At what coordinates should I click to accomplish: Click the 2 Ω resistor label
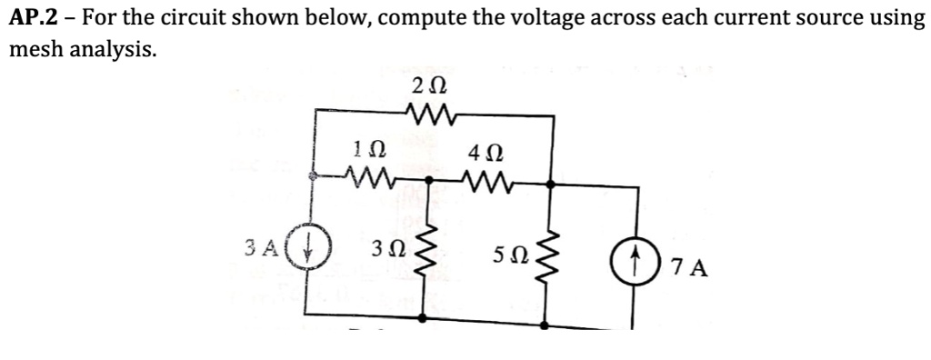pyautogui.click(x=428, y=87)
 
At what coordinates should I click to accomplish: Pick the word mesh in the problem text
pyautogui.click(x=34, y=51)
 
